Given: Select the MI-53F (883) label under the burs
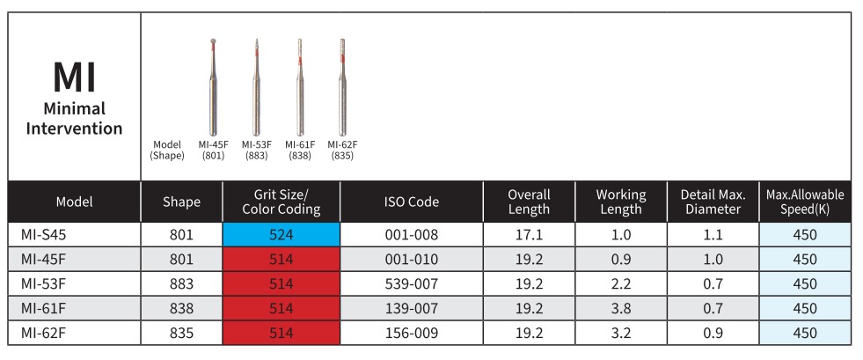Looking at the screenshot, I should point(256,150).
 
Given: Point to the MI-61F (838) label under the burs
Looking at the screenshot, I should point(300,150).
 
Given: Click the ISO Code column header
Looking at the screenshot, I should point(411,202).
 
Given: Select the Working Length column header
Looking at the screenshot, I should point(620,202).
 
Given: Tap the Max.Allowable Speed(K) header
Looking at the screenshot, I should point(804,202).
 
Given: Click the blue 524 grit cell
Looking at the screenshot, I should point(281,235).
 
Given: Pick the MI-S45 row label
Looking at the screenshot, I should point(43,235).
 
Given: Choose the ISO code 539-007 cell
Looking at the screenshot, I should point(411,284).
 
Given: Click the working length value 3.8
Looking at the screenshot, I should point(620,309).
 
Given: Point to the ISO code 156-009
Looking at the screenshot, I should point(411,334).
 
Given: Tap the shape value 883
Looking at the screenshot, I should point(181,284).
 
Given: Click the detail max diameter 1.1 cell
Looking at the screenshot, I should point(713,235).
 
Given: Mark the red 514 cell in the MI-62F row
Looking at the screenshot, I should point(281,334).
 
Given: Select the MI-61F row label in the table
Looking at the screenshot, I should point(41,309).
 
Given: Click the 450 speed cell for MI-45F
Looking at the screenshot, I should point(804,260).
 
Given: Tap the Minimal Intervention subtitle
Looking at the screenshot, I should point(74,119).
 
